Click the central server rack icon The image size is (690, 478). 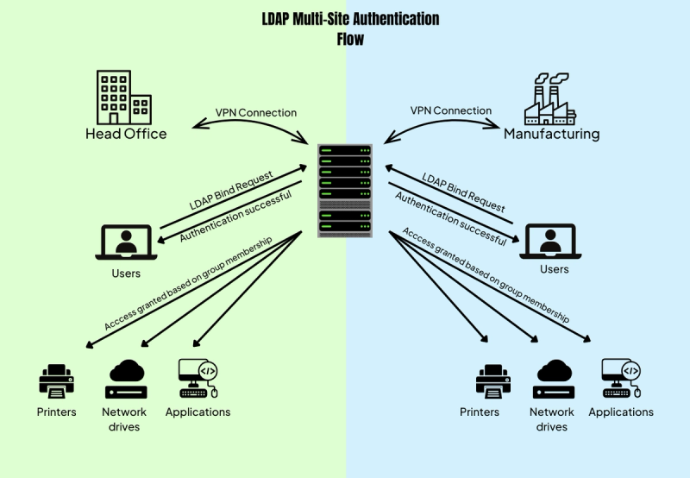pos(345,192)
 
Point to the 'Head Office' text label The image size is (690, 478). pos(126,134)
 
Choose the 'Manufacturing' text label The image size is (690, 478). pos(551,135)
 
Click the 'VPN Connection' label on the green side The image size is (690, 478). pos(255,113)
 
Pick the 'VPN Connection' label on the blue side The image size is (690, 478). pos(450,110)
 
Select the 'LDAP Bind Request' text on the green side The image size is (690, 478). pos(231,191)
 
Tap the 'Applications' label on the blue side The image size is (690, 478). pos(621,412)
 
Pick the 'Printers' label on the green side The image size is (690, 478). pos(56,412)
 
